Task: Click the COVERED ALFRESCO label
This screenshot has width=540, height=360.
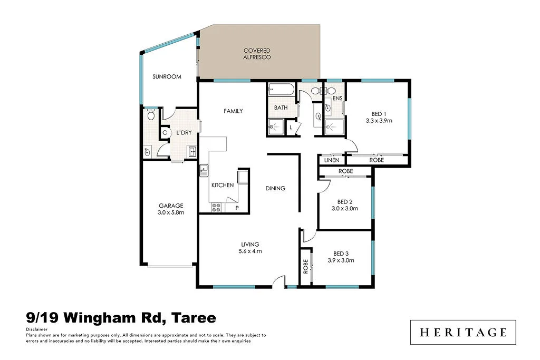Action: point(257,54)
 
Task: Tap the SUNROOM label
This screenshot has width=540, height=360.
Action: point(167,77)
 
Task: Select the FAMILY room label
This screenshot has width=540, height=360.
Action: point(233,111)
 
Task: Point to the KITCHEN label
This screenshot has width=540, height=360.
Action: point(222,186)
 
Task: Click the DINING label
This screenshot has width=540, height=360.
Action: point(275,188)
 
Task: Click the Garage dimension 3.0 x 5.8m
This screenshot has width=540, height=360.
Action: point(170,213)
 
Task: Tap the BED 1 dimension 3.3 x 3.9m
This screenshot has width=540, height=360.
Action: point(379,121)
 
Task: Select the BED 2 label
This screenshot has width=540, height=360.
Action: point(345,201)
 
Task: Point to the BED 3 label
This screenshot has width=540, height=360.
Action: point(340,253)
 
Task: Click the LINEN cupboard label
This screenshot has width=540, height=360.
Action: point(332,160)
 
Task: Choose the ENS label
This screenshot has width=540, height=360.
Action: point(337,99)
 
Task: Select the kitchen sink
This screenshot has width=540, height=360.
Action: point(204,170)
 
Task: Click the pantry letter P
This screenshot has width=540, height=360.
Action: point(237,208)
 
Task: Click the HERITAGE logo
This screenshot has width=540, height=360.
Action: point(464,333)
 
